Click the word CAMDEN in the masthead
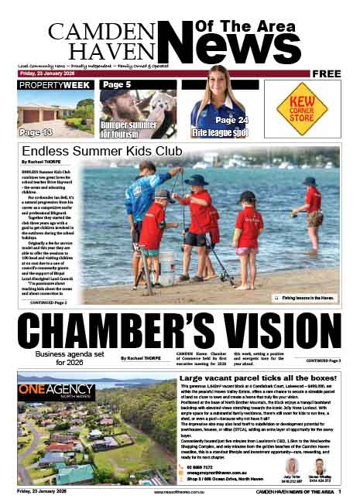87,31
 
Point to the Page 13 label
36,132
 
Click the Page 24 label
231,120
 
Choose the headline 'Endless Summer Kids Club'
101,150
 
